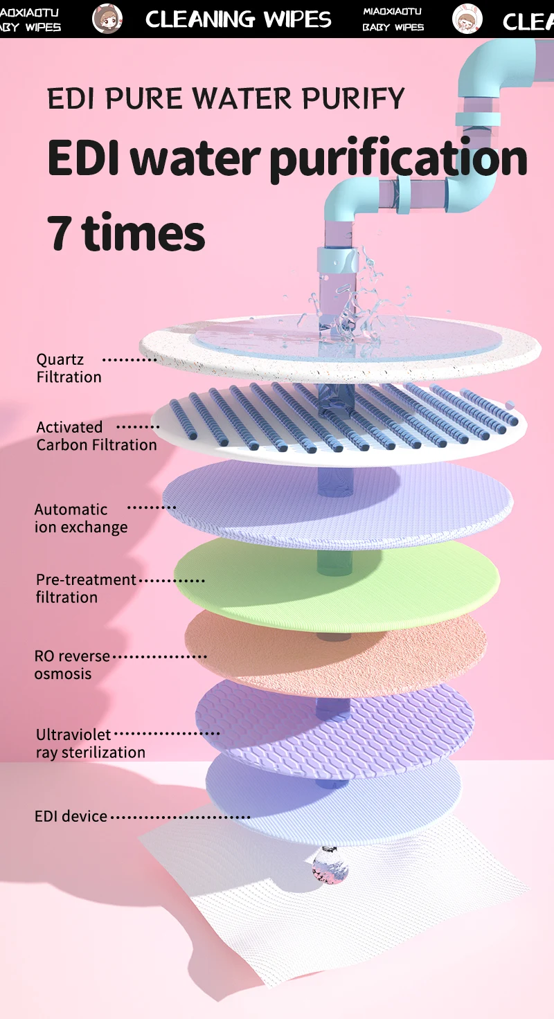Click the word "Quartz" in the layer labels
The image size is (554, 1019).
[x=60, y=359]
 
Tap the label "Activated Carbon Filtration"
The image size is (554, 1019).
[x=96, y=436]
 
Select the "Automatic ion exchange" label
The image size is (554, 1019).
[x=81, y=518]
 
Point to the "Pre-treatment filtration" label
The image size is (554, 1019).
[x=86, y=588]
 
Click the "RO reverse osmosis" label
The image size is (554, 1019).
[x=72, y=665]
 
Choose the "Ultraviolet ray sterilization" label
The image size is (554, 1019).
[x=90, y=743]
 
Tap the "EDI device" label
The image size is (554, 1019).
[x=71, y=817]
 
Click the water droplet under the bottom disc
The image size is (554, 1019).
[x=330, y=866]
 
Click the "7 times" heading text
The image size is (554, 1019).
[x=126, y=233]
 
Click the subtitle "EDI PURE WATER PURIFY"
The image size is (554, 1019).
[x=226, y=99]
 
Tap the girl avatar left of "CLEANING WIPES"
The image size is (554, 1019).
[x=107, y=19]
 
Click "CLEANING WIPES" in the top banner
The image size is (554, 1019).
[x=238, y=19]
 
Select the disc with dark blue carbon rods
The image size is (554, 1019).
[x=339, y=422]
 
